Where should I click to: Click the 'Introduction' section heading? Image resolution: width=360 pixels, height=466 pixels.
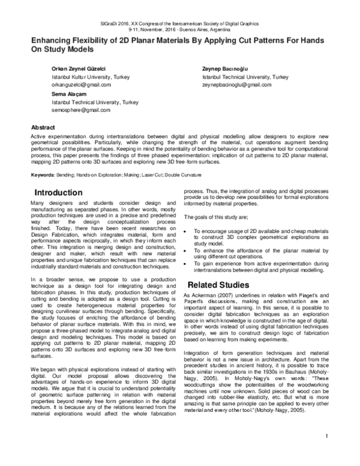pyautogui.click(x=58, y=193)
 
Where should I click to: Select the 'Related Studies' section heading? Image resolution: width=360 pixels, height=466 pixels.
pyautogui.click(x=220, y=283)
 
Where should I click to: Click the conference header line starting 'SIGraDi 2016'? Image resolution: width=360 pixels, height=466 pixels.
pyautogui.click(x=179, y=23)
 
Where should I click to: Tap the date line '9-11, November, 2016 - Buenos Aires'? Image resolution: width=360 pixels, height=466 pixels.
pyautogui.click(x=179, y=29)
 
